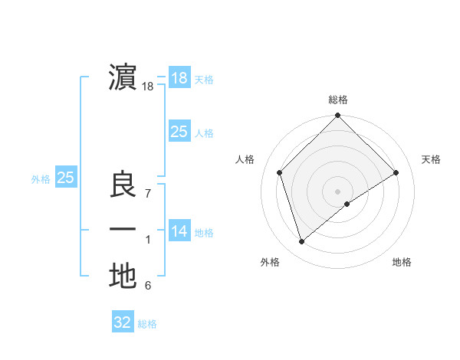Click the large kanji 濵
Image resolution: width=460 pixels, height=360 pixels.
tap(123, 78)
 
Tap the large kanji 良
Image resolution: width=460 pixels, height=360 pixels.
tap(123, 186)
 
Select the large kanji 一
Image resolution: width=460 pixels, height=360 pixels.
tap(123, 230)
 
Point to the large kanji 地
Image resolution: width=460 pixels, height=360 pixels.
tap(123, 276)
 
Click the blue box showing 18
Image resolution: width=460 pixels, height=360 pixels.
tap(179, 77)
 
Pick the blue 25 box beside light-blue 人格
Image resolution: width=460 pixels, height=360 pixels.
tap(179, 132)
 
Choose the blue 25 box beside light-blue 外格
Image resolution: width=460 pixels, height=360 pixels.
tap(65, 178)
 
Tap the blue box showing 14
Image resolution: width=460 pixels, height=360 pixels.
tap(179, 231)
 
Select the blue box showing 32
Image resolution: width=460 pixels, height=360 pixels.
tap(123, 322)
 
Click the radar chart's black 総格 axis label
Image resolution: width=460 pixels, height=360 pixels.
tap(337, 100)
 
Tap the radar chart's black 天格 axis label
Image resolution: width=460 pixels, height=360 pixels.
tap(432, 159)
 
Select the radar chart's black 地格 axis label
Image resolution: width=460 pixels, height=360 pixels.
tap(402, 263)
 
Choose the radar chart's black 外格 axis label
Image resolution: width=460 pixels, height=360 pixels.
tap(270, 263)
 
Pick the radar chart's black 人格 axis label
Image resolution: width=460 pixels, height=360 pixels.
tap(245, 159)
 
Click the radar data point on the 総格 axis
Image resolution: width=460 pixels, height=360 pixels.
tap(337, 116)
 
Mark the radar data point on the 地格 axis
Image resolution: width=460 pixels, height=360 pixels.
tap(347, 204)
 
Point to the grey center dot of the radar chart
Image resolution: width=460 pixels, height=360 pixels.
tap(337, 190)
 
